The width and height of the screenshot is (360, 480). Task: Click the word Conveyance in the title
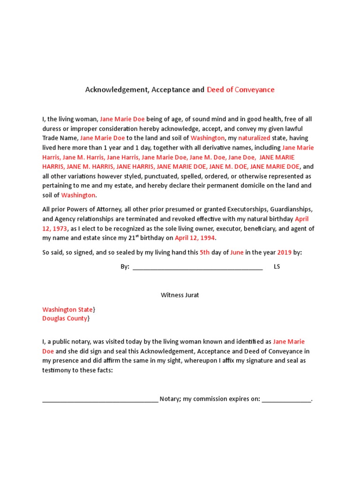click(255, 90)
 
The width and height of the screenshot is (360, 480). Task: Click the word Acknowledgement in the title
click(116, 90)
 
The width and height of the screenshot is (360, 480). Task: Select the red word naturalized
click(254, 138)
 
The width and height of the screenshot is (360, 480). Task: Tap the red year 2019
click(284, 252)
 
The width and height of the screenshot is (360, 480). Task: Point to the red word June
click(237, 252)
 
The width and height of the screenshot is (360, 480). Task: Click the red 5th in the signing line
click(205, 252)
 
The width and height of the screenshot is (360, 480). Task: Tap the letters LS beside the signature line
click(277, 267)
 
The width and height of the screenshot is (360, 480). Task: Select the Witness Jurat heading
click(180, 295)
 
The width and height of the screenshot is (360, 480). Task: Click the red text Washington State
click(67, 309)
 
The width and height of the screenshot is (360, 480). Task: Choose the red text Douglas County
click(65, 318)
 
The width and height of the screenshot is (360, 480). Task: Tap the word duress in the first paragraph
click(52, 128)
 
